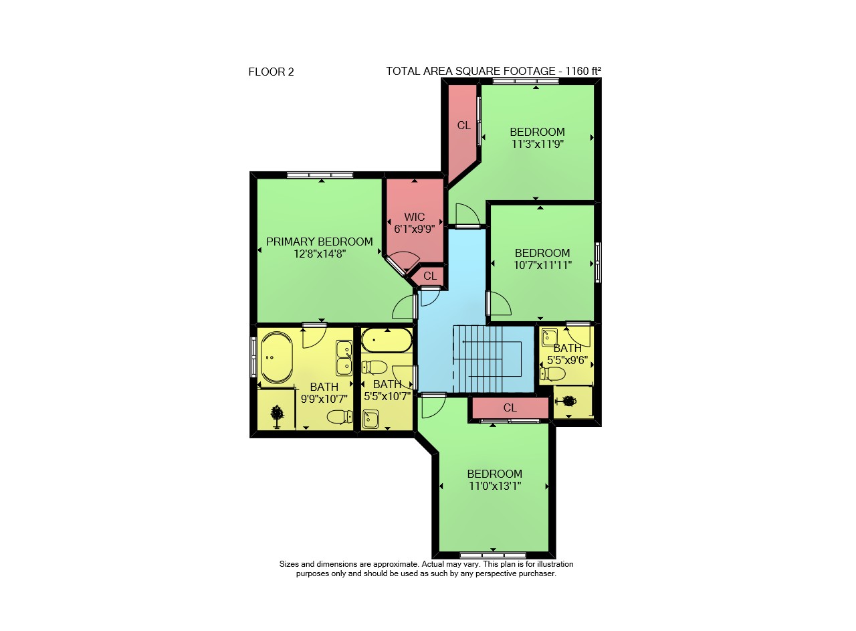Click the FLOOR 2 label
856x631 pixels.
click(271, 72)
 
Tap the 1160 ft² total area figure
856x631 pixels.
click(583, 71)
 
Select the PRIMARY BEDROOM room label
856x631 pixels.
click(320, 242)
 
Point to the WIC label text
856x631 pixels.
click(414, 217)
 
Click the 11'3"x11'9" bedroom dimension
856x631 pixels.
click(538, 144)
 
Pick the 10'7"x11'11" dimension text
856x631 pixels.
click(542, 265)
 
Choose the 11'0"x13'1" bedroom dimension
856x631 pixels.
click(495, 486)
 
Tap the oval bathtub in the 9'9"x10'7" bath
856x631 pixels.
click(276, 357)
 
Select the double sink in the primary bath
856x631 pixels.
click(344, 357)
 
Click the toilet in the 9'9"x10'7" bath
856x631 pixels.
click(340, 417)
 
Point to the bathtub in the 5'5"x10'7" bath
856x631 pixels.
click(387, 340)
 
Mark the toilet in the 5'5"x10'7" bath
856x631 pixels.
click(374, 368)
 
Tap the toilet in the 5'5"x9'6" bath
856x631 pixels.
click(552, 373)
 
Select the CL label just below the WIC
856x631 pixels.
click(430, 276)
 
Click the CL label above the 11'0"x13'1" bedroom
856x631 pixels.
click(510, 408)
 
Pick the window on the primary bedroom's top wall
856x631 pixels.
click(320, 175)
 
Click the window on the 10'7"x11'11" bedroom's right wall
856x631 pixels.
click(598, 262)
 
